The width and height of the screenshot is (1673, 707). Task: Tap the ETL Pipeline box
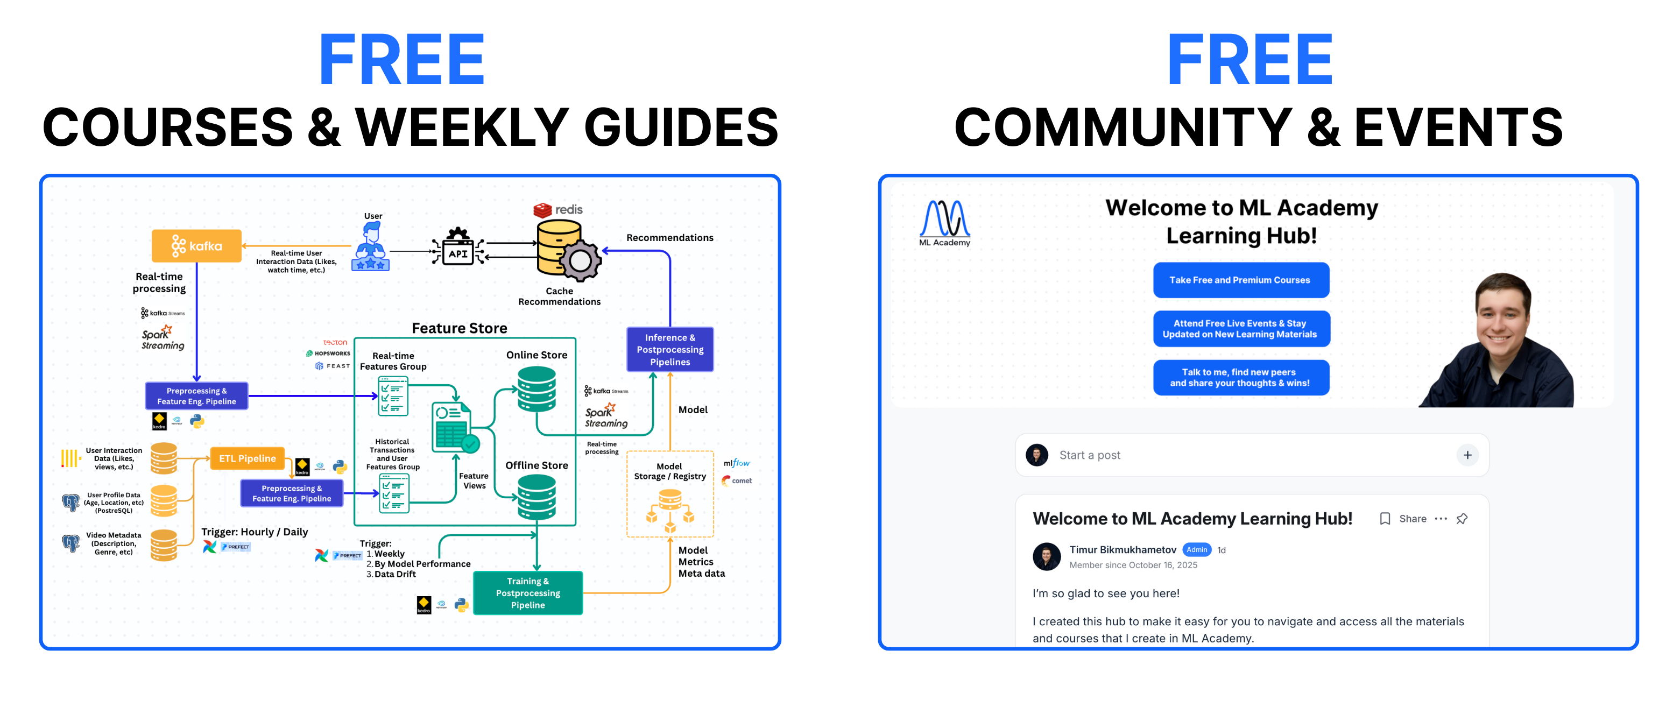248,458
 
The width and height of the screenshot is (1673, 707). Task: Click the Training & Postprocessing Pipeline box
527,593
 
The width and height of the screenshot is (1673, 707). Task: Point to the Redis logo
558,210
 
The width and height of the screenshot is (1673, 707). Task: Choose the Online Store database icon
537,389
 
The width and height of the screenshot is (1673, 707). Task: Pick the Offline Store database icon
537,497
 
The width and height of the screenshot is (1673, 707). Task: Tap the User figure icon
371,247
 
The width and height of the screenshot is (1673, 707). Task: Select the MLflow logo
737,463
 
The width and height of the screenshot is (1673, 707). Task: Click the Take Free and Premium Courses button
1240,280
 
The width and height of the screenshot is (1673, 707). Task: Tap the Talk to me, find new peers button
1240,377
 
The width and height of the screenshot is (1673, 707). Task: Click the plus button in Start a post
1467,455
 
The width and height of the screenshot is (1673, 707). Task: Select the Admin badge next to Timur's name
1196,550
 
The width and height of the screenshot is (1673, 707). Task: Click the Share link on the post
1413,519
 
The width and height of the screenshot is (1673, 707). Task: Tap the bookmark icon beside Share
1385,519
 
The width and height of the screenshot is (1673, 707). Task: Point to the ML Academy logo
944,223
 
